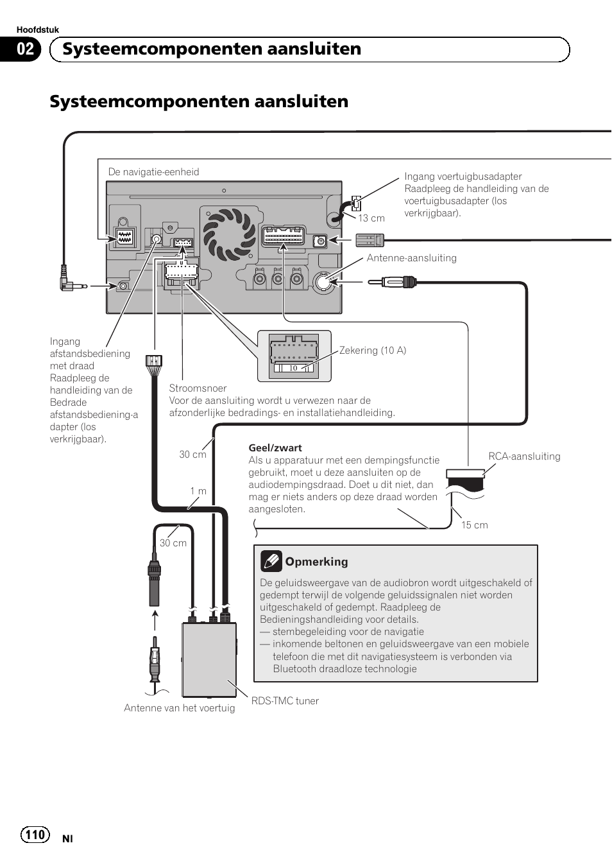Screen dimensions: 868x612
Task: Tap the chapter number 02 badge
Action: (x=25, y=49)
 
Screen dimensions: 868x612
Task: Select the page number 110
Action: (x=35, y=835)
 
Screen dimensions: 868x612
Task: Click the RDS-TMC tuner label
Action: (x=285, y=700)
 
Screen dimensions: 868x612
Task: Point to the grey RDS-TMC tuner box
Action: (x=209, y=660)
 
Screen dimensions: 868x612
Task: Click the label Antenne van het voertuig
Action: (x=179, y=707)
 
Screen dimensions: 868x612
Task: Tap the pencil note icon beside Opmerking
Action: (x=271, y=561)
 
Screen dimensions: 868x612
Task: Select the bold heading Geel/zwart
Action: (x=275, y=448)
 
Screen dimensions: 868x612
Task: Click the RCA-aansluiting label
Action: (x=524, y=456)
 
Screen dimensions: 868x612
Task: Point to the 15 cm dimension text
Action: (x=474, y=525)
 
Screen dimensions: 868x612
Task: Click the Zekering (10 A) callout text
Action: (x=373, y=350)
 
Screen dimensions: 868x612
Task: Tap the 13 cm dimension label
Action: (x=371, y=218)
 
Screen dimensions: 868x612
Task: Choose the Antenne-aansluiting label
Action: (x=411, y=257)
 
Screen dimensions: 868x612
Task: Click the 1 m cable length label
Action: (x=198, y=490)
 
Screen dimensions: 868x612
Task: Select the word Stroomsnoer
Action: (x=198, y=388)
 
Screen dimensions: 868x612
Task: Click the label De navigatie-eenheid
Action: (x=153, y=171)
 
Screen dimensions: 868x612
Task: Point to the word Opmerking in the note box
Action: (x=316, y=562)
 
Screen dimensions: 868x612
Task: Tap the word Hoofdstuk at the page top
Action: (x=38, y=30)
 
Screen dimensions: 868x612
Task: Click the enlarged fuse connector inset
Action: (x=294, y=356)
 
